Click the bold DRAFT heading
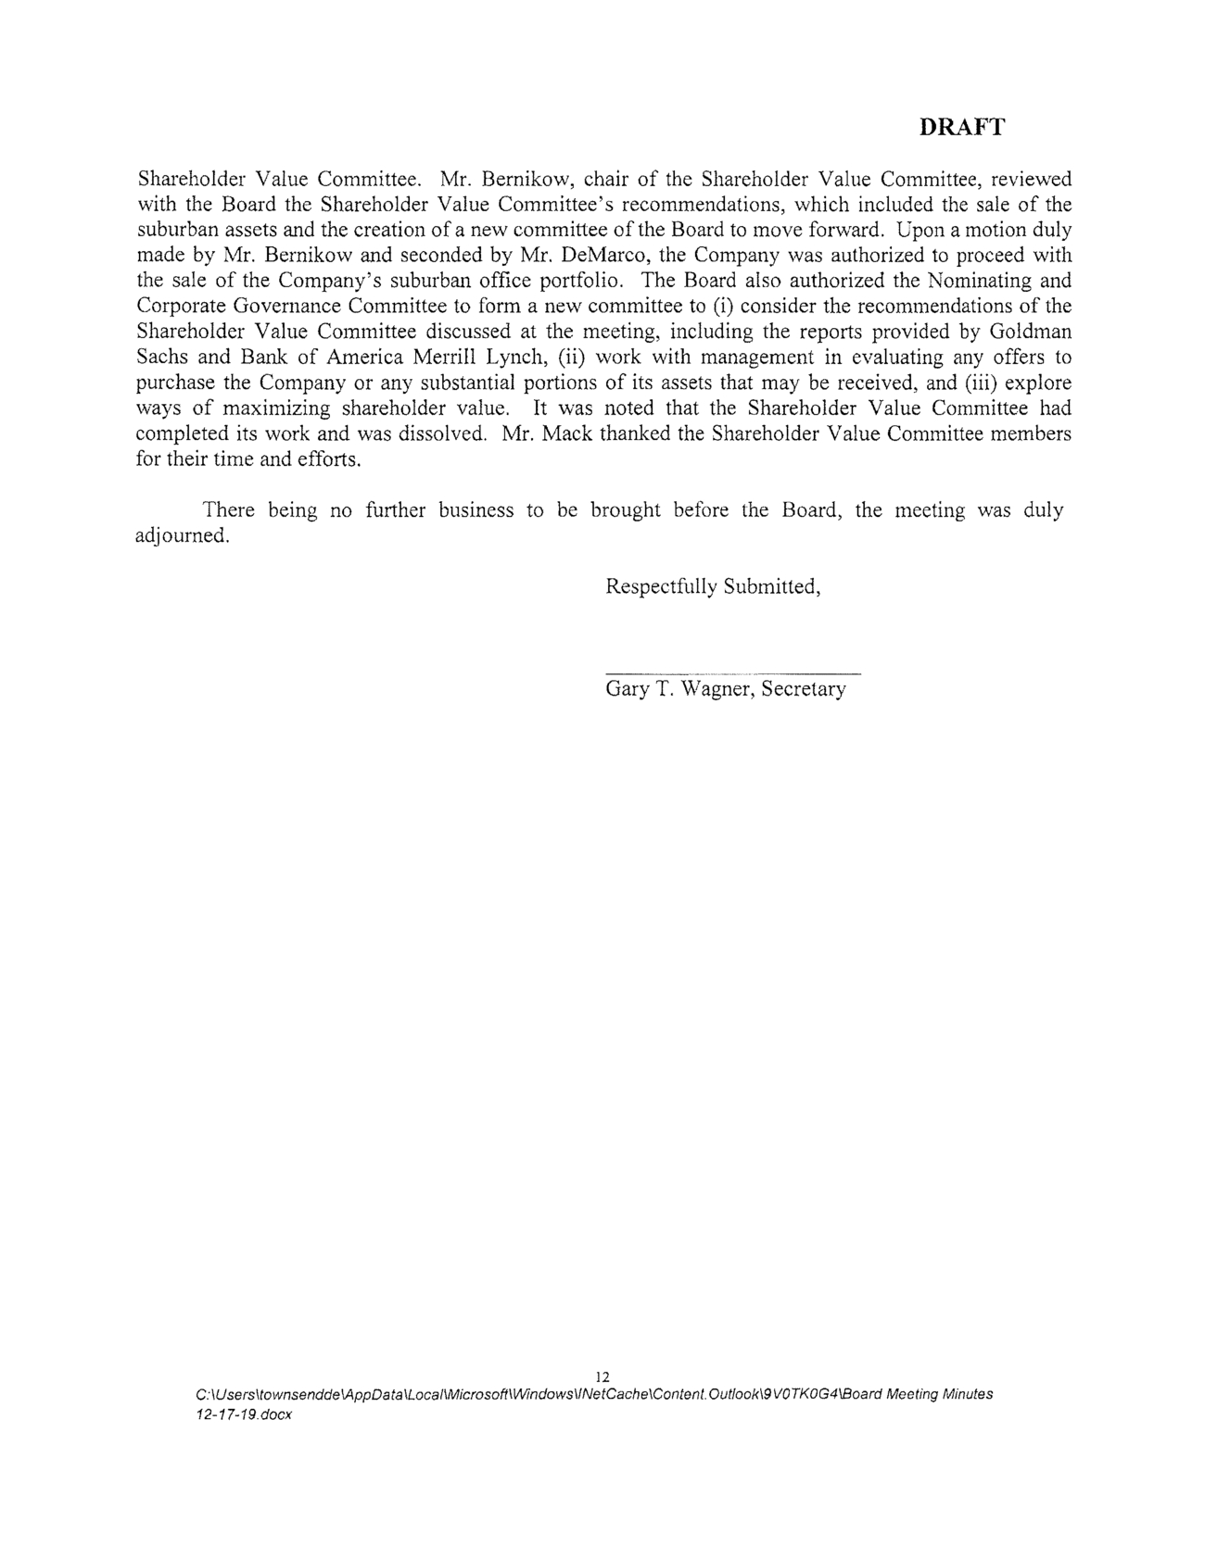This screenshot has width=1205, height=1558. (x=961, y=128)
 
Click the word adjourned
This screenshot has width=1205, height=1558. (x=182, y=536)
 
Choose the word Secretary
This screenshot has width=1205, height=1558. (x=803, y=690)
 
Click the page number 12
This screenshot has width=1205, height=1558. (x=602, y=1376)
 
